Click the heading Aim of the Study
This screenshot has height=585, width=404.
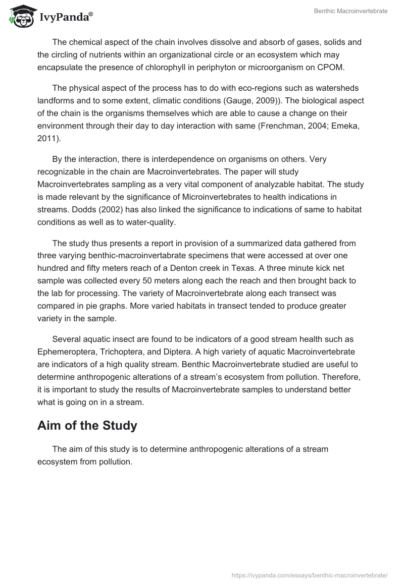tap(87, 425)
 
